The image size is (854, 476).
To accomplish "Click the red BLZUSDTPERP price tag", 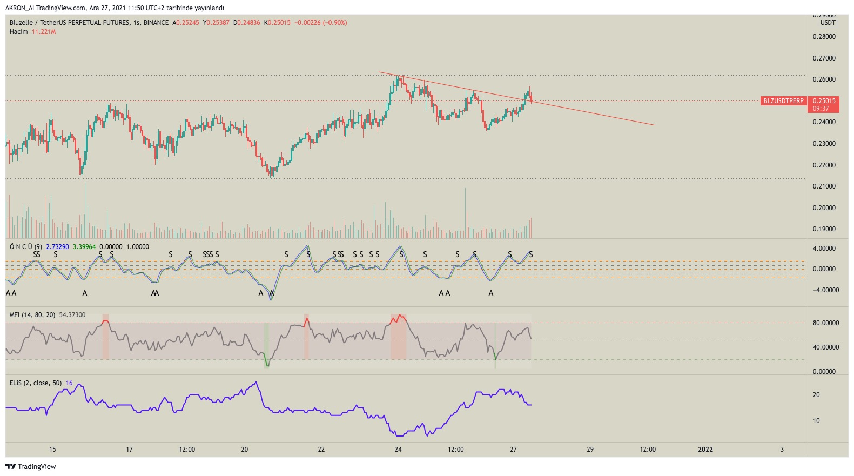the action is (x=783, y=101).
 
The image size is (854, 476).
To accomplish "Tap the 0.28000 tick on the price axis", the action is (x=824, y=37).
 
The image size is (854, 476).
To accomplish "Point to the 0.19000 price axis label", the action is (x=824, y=229).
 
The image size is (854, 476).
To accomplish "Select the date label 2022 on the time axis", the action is (x=705, y=450).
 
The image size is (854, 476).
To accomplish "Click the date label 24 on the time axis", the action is (x=398, y=450).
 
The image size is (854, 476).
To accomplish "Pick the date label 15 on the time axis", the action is (x=52, y=450).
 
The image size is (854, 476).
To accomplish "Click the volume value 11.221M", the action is (x=44, y=32).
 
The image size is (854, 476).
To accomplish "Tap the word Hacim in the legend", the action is (x=19, y=32).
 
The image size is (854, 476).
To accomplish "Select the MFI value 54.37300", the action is (x=72, y=315).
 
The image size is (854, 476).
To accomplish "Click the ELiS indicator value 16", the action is (x=69, y=383).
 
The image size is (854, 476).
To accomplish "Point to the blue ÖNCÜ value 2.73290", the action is (x=58, y=247).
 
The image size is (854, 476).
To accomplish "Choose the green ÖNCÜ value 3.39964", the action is (x=84, y=247).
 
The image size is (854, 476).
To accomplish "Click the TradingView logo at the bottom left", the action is (x=30, y=466).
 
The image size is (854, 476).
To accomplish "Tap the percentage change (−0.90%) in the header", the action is (x=335, y=23).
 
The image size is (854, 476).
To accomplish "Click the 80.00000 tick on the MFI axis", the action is (x=826, y=323).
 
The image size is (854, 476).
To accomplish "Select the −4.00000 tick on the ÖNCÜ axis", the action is (x=826, y=290).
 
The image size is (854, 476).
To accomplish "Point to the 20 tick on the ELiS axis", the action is (x=816, y=395).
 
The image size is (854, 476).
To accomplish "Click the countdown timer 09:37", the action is (x=821, y=109).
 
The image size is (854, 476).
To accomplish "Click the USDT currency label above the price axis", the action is (x=828, y=23).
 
